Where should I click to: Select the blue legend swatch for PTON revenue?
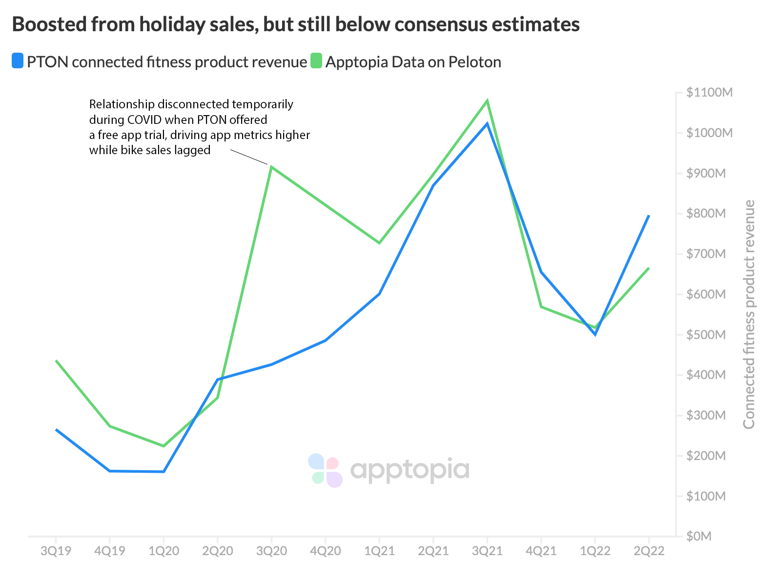point(18,61)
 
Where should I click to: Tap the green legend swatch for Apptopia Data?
point(316,61)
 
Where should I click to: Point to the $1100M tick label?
point(709,92)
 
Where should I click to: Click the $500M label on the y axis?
point(706,335)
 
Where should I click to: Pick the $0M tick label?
point(699,537)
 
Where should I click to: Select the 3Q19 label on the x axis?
point(56,551)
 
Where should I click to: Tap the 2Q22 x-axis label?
point(649,551)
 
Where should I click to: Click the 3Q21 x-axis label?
point(487,551)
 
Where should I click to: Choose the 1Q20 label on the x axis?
point(164,551)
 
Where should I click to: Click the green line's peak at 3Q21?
point(487,101)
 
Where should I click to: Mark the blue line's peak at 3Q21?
point(487,124)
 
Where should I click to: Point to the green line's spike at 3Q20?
point(271,167)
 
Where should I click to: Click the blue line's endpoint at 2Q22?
point(649,215)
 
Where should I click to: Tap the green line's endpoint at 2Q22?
point(649,268)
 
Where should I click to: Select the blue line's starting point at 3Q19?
point(56,429)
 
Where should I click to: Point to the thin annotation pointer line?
point(249,157)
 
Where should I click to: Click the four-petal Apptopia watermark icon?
point(326,470)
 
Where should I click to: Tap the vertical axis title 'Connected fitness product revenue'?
point(749,315)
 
